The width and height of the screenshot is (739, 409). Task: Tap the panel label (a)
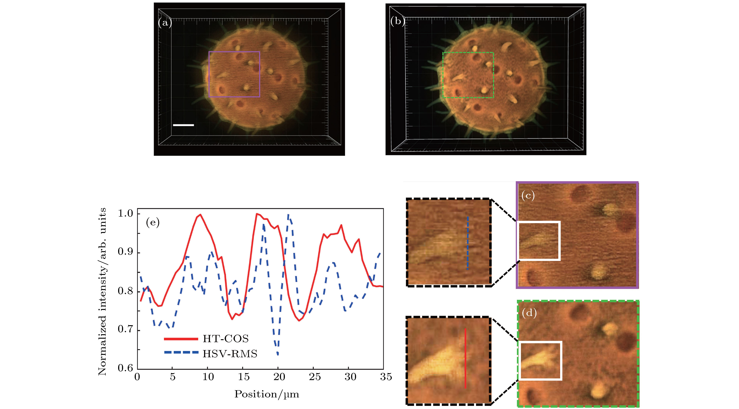(x=165, y=23)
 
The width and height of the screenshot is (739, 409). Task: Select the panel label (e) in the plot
(x=153, y=222)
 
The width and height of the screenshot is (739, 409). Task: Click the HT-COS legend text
(x=225, y=339)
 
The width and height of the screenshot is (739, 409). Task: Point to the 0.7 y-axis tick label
(x=126, y=329)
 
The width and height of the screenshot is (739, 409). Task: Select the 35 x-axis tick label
(x=386, y=377)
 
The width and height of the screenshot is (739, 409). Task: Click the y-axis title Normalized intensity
(x=102, y=291)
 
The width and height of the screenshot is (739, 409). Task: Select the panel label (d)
(x=529, y=313)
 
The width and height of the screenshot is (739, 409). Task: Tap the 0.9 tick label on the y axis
(x=126, y=252)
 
